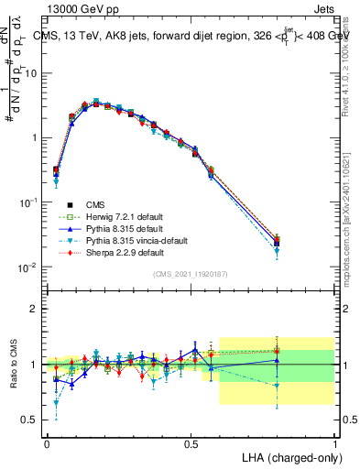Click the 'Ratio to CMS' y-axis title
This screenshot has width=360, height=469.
pyautogui.click(x=15, y=364)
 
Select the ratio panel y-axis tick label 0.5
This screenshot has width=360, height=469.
pyautogui.click(x=30, y=420)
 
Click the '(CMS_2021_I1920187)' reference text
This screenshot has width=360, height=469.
pyautogui.click(x=191, y=274)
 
